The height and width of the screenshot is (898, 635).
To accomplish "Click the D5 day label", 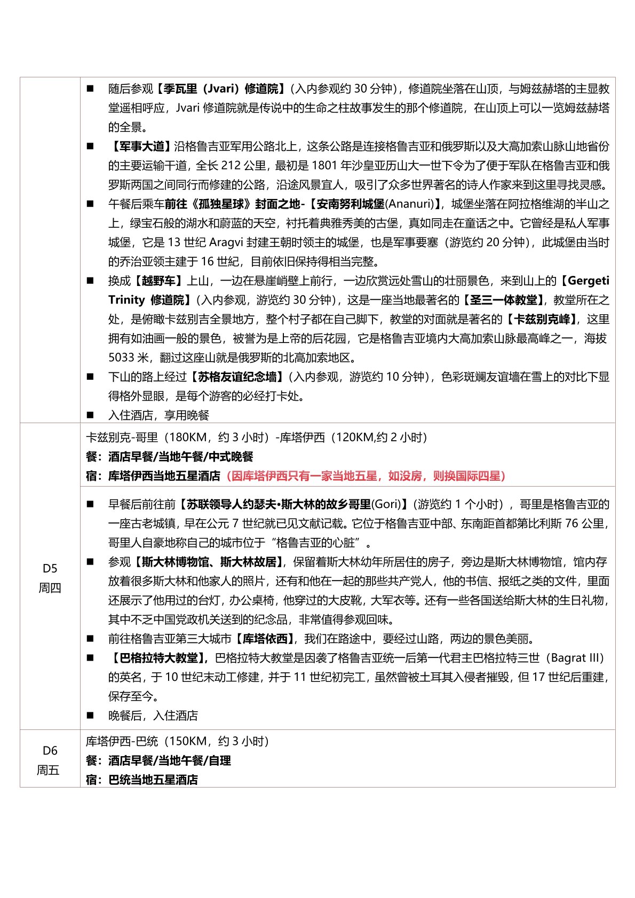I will coord(50,568).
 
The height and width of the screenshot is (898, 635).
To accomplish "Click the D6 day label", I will coord(50,750).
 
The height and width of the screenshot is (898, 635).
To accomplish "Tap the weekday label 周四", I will coord(50,587).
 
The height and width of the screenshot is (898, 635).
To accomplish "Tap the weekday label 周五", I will coord(48,770).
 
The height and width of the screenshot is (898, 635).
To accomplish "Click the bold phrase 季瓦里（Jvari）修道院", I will coord(221,89).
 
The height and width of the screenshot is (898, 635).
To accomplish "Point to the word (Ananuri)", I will coord(410,204).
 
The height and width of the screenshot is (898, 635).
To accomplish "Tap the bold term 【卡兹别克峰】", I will coord(542,319).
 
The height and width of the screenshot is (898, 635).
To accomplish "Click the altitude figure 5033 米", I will coord(131,357).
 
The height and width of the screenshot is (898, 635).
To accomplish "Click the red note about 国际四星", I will coord(366,475).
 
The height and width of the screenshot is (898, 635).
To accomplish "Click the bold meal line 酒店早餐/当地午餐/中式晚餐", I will coord(180,457).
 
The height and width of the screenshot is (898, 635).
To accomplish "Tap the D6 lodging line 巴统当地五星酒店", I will coord(153,780).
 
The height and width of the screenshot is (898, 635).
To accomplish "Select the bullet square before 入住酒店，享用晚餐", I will coord(90,415).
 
